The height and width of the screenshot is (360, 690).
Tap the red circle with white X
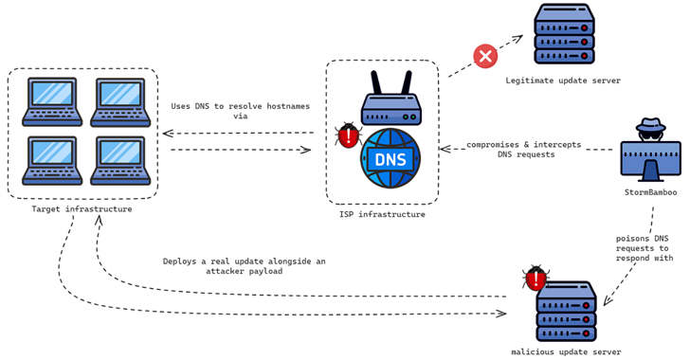click(485, 57)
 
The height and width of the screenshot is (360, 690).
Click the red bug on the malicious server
click(536, 278)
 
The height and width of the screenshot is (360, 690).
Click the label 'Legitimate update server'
click(563, 81)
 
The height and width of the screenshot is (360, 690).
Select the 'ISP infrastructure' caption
click(382, 215)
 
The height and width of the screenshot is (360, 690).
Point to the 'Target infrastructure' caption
click(82, 208)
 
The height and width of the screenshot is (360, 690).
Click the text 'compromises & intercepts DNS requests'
click(536, 150)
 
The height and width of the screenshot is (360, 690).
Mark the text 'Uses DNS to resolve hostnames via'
click(240, 113)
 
